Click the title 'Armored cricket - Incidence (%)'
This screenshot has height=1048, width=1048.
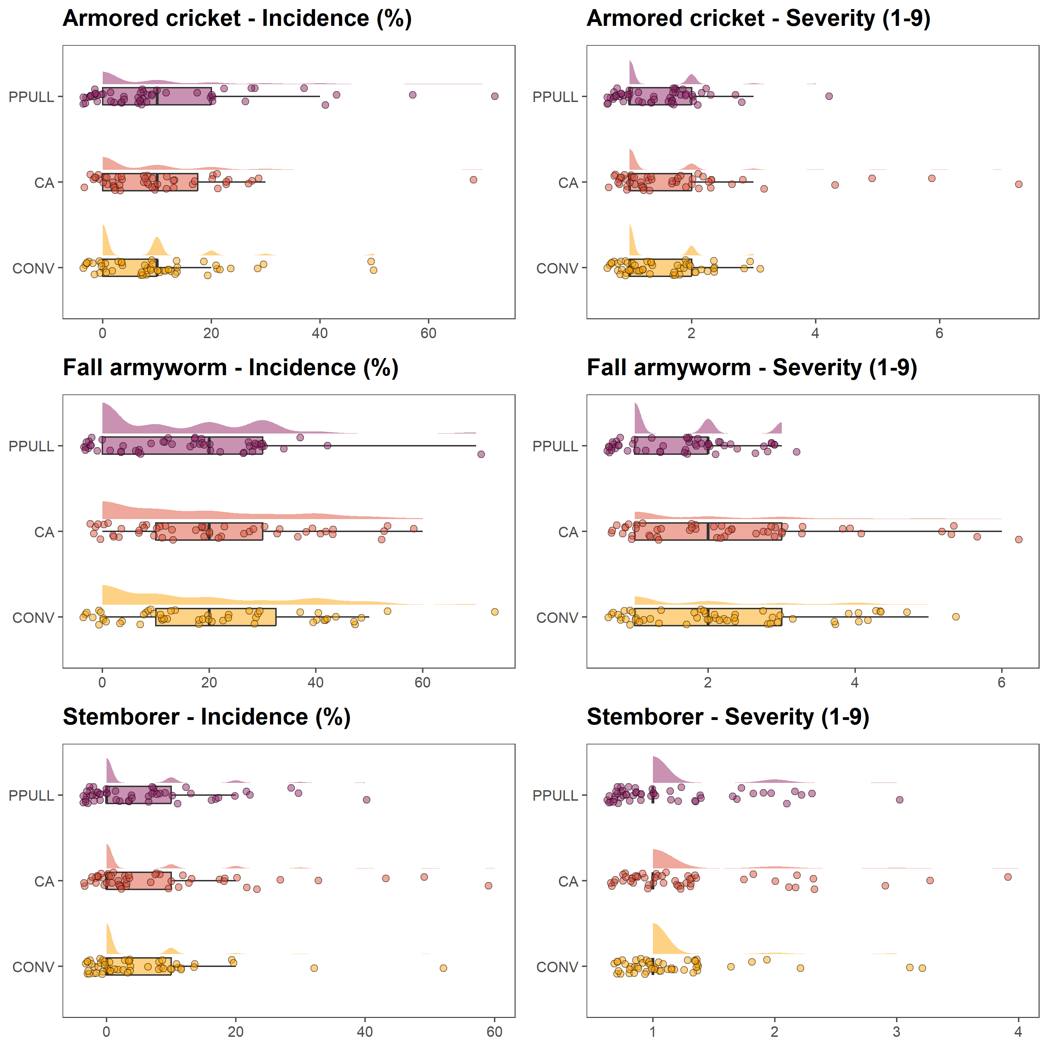pos(237,19)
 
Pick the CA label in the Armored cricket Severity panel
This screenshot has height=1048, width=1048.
pos(568,183)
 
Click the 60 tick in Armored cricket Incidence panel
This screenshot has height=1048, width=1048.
pos(429,333)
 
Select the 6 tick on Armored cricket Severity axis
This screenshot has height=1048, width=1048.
pos(939,333)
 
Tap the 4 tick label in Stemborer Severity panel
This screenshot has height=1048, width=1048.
pos(1018,1032)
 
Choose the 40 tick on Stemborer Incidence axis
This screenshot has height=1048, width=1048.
pos(364,1032)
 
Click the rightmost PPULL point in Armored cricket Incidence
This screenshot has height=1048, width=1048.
pos(494,96)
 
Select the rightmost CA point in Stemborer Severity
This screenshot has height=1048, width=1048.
pos(1008,876)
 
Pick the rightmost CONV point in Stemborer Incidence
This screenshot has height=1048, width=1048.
pos(443,968)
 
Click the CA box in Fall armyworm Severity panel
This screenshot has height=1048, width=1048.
pos(708,532)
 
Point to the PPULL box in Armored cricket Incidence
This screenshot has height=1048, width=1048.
pos(157,96)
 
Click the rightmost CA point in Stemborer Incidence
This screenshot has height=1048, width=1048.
pos(488,885)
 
